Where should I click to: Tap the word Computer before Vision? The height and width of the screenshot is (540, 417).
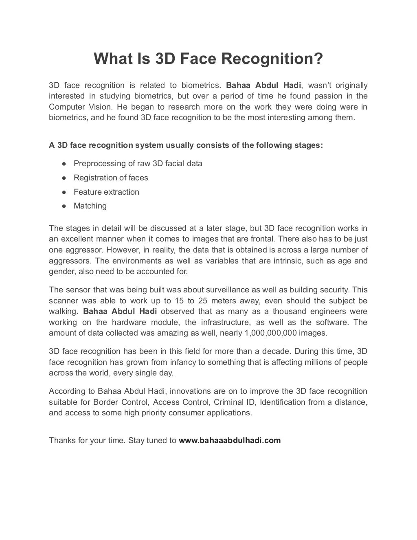(65, 107)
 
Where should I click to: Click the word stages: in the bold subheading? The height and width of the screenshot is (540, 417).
(309, 145)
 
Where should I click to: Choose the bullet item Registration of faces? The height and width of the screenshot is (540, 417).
(111, 178)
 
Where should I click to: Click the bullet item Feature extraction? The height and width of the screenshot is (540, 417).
(106, 192)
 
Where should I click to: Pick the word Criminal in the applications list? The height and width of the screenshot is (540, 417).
(228, 402)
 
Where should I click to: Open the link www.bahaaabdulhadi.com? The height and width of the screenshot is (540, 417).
(230, 440)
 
